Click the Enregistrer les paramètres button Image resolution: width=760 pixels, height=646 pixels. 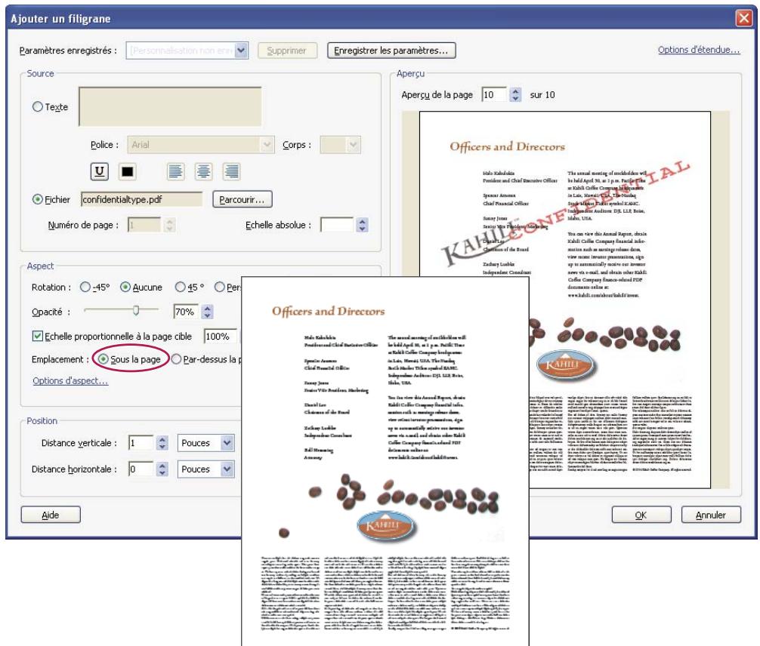coord(391,51)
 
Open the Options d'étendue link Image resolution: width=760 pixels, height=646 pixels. coord(699,51)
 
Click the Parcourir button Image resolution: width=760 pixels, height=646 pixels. coord(241,200)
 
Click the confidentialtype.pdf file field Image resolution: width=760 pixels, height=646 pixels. coord(141,200)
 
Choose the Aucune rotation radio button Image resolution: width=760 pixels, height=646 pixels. coord(126,287)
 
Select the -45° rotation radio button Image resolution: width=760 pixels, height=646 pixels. coord(85,287)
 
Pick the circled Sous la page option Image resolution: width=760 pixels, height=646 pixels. coord(103,359)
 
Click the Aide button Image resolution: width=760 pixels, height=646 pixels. coord(50,515)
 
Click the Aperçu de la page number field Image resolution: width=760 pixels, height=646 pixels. coord(495,95)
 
